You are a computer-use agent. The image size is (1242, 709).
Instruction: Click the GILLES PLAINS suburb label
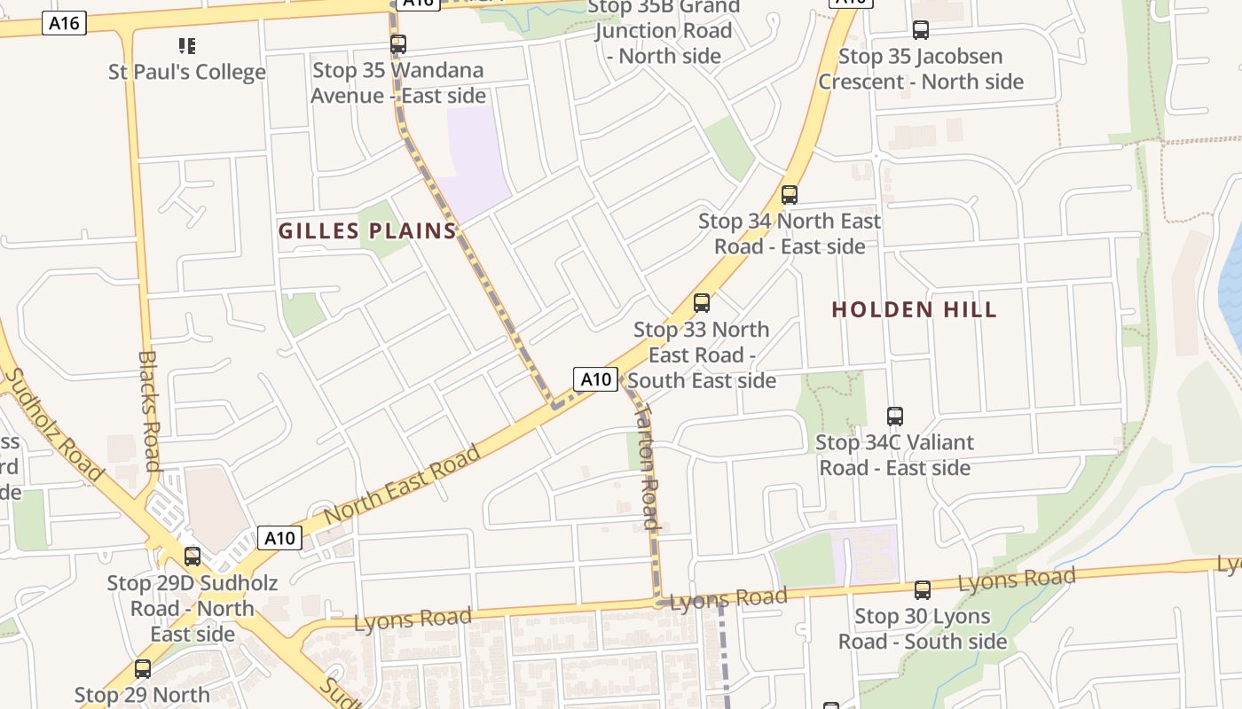367,231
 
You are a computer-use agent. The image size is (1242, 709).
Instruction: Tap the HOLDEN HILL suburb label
914,309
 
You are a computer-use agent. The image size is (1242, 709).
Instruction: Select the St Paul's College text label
187,73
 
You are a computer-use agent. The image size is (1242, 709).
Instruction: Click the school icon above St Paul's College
187,45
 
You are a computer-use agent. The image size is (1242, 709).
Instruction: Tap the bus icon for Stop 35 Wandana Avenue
398,43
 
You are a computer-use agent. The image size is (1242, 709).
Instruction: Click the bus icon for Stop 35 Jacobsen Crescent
921,30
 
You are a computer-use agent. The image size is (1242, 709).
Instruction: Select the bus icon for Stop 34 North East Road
790,195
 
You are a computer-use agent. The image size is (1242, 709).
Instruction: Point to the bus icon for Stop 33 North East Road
702,303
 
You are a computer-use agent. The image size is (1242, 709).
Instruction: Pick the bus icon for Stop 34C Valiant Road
895,417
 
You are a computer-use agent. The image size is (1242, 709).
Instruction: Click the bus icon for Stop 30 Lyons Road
923,590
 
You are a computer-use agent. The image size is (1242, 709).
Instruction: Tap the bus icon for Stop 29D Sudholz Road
193,557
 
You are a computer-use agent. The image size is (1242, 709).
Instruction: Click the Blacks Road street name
150,410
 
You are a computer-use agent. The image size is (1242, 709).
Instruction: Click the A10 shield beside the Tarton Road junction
595,379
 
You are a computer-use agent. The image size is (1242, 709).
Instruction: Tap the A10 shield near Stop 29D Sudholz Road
279,537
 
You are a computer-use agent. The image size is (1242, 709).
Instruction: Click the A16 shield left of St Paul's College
65,23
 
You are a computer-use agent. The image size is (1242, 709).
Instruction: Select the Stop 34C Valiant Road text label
894,455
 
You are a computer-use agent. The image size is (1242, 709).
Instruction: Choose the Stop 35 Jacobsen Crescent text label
921,69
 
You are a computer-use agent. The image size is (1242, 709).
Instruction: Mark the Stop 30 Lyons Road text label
923,628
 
